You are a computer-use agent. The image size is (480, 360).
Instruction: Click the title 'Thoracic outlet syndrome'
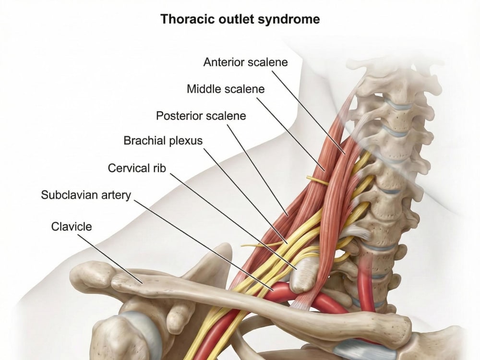click(240, 19)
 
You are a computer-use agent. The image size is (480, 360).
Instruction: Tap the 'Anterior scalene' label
click(245, 62)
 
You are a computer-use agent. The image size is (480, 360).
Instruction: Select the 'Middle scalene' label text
click(226, 89)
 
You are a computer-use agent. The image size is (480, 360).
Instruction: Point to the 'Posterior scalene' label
click(201, 116)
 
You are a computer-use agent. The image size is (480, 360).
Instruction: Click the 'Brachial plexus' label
click(163, 141)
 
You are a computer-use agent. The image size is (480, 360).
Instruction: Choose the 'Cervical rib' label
click(137, 168)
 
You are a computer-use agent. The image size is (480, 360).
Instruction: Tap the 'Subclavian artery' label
click(86, 195)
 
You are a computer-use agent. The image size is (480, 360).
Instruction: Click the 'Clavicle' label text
click(72, 227)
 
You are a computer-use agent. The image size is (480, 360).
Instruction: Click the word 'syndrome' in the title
click(289, 20)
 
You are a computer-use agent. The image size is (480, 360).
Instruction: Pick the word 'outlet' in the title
click(236, 19)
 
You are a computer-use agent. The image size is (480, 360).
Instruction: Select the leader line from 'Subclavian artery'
click(204, 245)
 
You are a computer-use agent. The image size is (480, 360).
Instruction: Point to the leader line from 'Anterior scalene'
click(309, 112)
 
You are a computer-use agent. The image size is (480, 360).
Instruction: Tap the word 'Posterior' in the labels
click(179, 116)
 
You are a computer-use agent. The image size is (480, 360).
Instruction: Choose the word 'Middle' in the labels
click(204, 89)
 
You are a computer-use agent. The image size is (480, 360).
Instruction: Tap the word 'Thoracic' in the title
click(187, 19)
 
